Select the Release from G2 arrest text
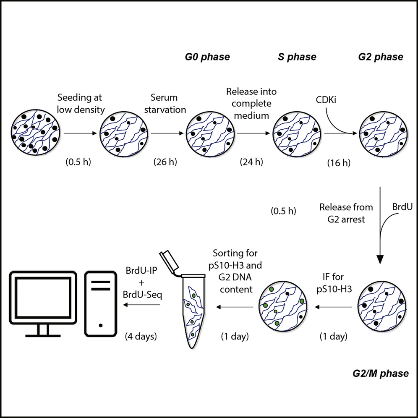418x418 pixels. click(x=340, y=212)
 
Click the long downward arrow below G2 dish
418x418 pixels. click(x=380, y=227)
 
